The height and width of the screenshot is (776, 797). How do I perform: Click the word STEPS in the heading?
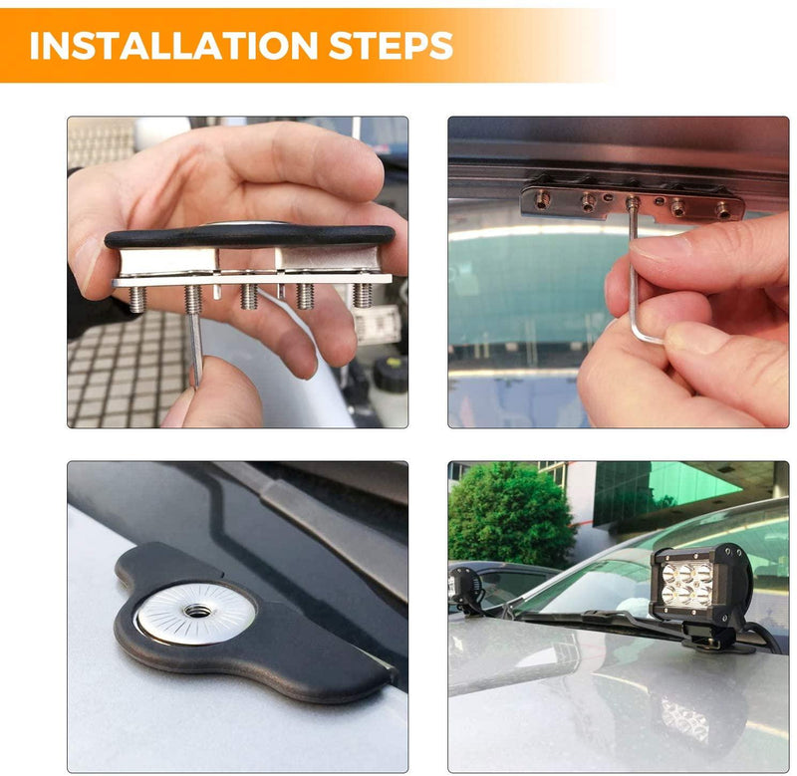click(x=393, y=45)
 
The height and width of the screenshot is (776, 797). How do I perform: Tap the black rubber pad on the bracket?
click(x=249, y=237)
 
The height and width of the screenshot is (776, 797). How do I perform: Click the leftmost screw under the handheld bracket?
click(x=136, y=299)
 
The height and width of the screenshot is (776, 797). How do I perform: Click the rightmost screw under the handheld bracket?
click(x=363, y=295)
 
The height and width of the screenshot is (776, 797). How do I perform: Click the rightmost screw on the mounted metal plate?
click(x=721, y=209)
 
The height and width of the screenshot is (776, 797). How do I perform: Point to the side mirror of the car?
click(x=466, y=588)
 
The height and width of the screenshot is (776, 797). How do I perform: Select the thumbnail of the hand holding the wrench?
click(x=618, y=272)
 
